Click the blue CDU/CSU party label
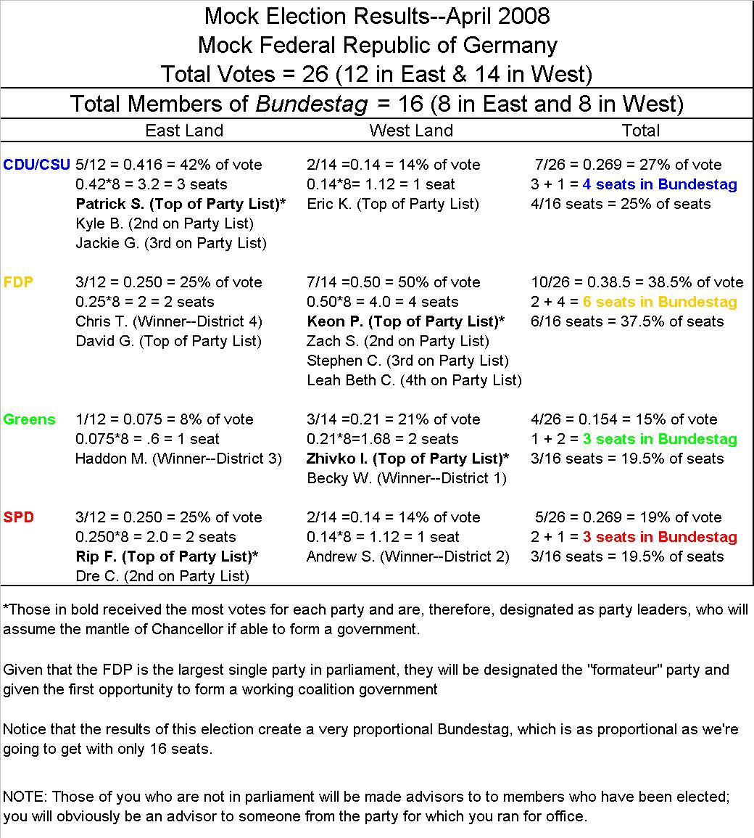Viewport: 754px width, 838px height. tap(36, 165)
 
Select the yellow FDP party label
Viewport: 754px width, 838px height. tap(18, 282)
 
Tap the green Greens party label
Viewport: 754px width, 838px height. tap(29, 419)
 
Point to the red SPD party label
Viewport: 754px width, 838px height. tap(18, 517)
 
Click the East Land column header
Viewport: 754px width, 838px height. tap(184, 131)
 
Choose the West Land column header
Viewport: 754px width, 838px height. tap(411, 131)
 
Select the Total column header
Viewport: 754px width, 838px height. tap(641, 131)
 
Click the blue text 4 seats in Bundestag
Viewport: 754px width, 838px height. tap(660, 184)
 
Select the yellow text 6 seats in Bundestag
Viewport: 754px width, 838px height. tap(660, 302)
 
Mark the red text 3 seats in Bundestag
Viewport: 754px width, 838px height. tap(660, 537)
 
